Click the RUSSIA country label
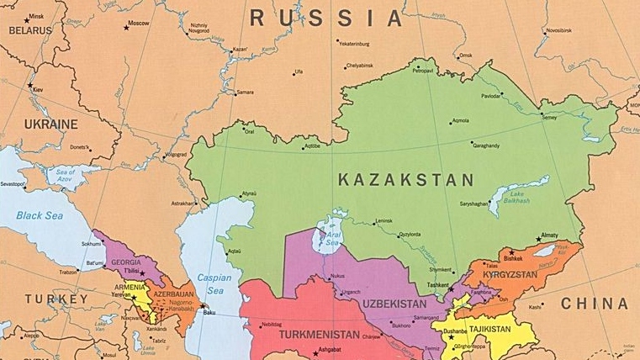[326, 17]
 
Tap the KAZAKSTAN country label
[405, 179]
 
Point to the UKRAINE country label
[50, 124]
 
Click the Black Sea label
[40, 215]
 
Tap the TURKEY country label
[56, 299]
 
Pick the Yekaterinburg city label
[353, 44]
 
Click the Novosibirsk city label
[558, 30]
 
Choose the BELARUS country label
[30, 30]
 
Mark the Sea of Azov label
[66, 174]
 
